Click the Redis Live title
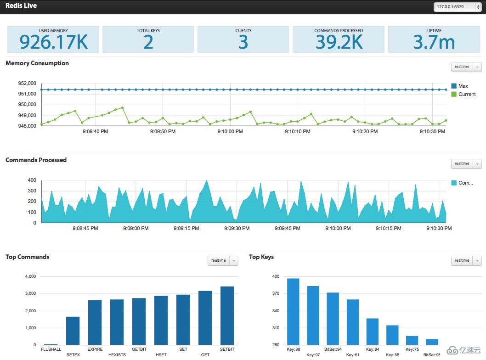click(x=21, y=6)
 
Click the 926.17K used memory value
click(x=53, y=42)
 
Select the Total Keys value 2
click(x=148, y=42)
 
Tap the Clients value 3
click(x=243, y=42)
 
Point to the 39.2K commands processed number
click(x=339, y=42)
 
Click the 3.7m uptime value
click(x=434, y=42)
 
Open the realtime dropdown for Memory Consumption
click(x=466, y=67)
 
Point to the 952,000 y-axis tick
click(x=27, y=84)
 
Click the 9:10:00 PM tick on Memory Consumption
click(x=230, y=132)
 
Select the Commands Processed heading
click(x=36, y=160)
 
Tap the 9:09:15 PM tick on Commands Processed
click(x=186, y=228)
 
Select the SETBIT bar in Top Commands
click(x=227, y=315)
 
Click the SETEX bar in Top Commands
click(x=73, y=331)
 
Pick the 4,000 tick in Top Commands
click(x=29, y=276)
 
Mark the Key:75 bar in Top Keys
click(x=412, y=340)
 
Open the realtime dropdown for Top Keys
click(x=466, y=261)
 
